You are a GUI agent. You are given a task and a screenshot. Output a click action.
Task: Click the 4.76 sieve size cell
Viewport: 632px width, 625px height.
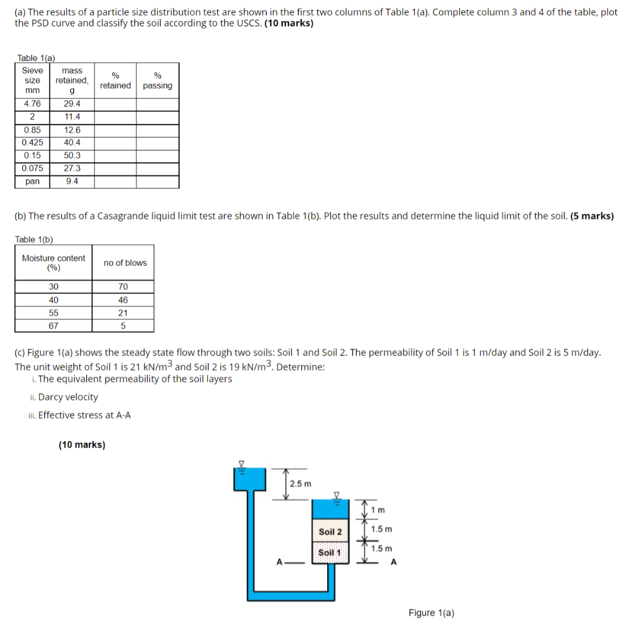(32, 104)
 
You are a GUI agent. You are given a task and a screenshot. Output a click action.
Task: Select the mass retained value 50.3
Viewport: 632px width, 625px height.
(72, 155)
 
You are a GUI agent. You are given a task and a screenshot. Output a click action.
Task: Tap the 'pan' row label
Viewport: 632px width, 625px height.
(32, 181)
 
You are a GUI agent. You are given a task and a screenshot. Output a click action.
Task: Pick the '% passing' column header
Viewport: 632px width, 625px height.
(157, 81)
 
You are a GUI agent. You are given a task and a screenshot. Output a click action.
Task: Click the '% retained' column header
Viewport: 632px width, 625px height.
(115, 81)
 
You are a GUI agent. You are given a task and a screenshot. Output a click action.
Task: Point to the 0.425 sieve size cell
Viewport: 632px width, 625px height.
(32, 143)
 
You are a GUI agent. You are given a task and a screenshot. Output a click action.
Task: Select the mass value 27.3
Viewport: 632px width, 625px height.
(72, 168)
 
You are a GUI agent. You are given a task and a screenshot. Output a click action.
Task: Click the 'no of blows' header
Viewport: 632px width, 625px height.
(125, 263)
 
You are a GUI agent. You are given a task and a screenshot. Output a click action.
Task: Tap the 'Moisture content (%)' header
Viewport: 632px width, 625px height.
(54, 263)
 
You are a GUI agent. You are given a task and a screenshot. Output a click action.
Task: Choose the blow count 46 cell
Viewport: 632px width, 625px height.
(123, 300)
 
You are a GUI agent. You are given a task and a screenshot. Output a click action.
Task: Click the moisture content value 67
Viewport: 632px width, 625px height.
(54, 326)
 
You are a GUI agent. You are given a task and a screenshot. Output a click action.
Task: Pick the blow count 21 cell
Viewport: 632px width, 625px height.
(123, 313)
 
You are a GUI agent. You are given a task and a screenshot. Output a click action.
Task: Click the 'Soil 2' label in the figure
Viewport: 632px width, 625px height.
(330, 531)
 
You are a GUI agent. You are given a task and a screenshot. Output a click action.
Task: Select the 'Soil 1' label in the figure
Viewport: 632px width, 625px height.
(330, 552)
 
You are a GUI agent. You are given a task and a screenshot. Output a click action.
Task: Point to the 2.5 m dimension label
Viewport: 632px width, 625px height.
(301, 484)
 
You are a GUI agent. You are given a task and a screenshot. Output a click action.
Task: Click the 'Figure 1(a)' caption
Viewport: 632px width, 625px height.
(431, 613)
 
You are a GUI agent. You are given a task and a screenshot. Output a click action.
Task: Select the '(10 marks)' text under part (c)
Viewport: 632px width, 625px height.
(82, 444)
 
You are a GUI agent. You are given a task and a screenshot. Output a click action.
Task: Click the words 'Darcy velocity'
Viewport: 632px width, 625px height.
(68, 397)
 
